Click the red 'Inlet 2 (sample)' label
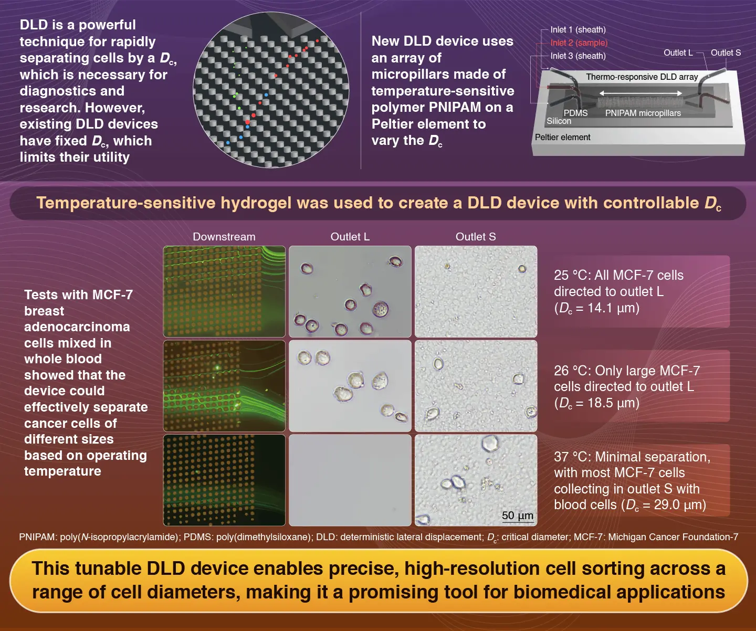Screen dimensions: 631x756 (579, 43)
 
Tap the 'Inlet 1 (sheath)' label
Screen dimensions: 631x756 (577, 30)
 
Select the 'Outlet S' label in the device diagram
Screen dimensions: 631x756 (726, 52)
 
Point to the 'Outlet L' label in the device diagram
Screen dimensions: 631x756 (678, 52)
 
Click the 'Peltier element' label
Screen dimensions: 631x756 (562, 137)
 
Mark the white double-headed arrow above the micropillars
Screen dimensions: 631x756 (640, 93)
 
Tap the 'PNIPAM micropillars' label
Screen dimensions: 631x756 (643, 113)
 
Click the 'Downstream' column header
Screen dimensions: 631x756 (224, 237)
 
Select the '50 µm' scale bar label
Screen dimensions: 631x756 (517, 515)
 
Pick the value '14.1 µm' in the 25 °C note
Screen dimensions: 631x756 (605, 308)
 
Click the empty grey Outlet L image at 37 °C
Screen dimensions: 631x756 (350, 480)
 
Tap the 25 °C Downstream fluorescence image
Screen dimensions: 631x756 (224, 291)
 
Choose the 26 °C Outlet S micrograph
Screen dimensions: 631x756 (476, 386)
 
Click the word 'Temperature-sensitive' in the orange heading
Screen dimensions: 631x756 (125, 203)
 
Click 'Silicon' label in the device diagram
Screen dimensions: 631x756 (559, 121)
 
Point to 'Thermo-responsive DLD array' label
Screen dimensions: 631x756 (642, 77)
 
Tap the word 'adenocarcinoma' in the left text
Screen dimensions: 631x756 (77, 327)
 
